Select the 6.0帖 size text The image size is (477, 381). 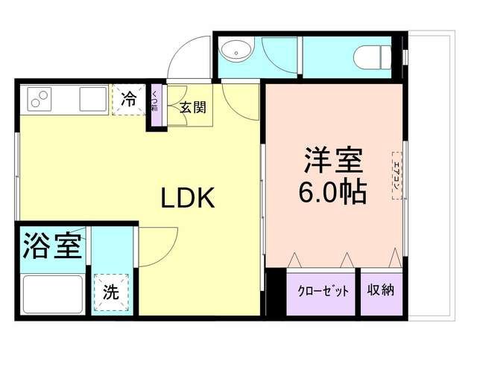333,192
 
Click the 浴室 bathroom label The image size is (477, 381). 52,246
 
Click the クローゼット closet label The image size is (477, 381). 323,291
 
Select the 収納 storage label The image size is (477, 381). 379,291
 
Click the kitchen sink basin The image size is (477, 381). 93,97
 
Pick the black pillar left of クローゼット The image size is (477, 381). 276,292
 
